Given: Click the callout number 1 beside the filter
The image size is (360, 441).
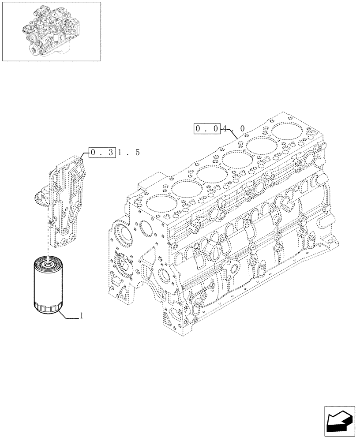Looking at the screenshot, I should pyautogui.click(x=81, y=316).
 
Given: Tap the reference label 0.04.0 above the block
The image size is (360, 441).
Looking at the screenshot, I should pyautogui.click(x=220, y=129).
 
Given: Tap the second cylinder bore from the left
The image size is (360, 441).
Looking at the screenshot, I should pyautogui.click(x=184, y=189).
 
